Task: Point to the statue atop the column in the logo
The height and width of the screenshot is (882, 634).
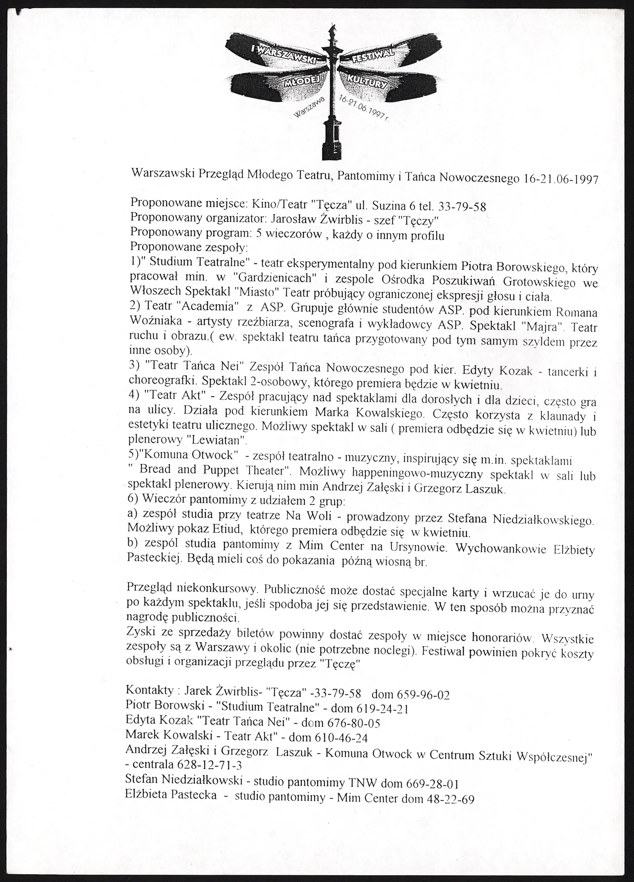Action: [x=332, y=30]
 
